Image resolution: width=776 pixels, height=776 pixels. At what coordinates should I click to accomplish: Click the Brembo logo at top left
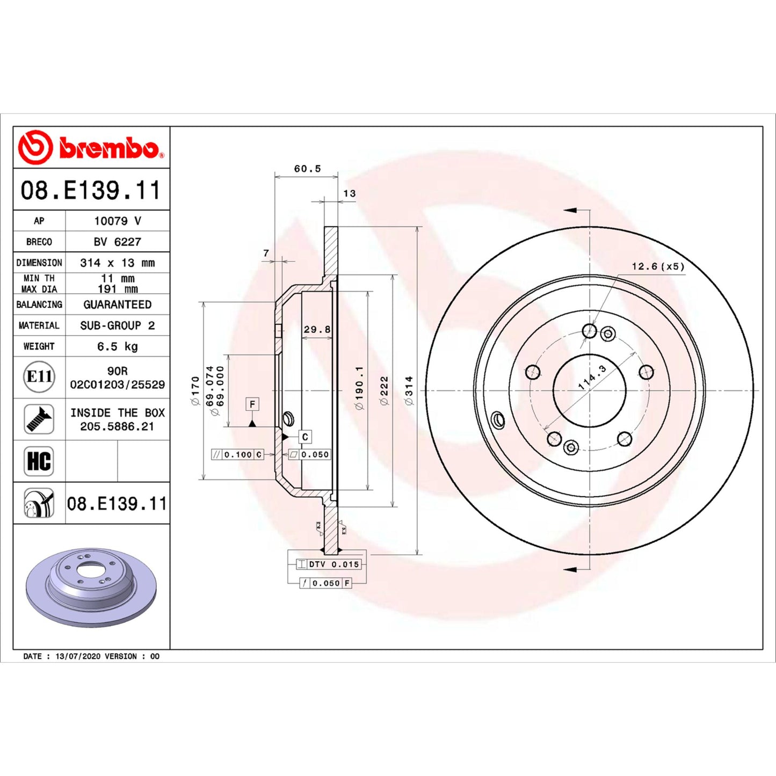[91, 147]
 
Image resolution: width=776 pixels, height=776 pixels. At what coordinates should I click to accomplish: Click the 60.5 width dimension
[307, 169]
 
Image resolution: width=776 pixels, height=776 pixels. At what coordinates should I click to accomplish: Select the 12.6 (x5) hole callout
[658, 266]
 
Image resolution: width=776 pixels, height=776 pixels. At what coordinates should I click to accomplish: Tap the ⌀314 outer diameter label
[409, 390]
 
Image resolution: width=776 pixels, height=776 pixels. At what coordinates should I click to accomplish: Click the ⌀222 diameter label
[384, 390]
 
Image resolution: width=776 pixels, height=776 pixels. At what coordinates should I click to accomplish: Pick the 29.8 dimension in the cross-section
[317, 329]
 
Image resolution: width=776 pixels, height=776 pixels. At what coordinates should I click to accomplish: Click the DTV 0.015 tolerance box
[329, 564]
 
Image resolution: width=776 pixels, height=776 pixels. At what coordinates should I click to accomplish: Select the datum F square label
[252, 404]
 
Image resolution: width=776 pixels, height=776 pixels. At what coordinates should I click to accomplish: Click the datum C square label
[305, 437]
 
